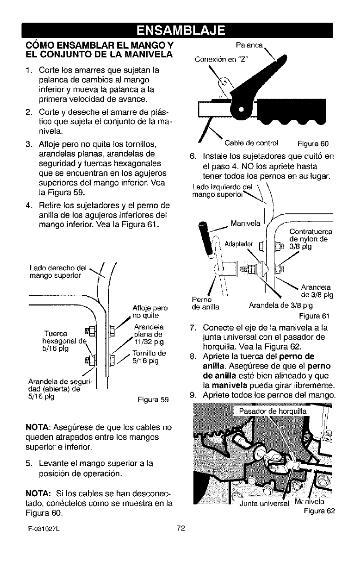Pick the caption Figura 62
pyautogui.click(x=319, y=524)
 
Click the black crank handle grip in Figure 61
pyautogui.click(x=204, y=234)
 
